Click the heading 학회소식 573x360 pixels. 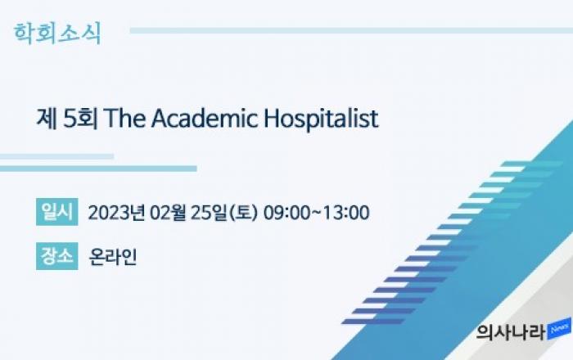[x=57, y=34]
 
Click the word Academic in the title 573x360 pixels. [x=205, y=118]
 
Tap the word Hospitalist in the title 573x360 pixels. [x=321, y=119]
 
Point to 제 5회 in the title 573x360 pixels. [x=67, y=118]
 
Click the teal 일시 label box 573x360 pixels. [x=57, y=212]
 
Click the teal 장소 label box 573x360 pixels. [x=57, y=256]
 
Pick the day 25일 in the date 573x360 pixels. [x=209, y=213]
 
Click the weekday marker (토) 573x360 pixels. [x=243, y=213]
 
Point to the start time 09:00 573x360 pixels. [x=286, y=213]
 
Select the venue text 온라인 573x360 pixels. [x=113, y=257]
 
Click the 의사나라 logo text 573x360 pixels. [x=511, y=331]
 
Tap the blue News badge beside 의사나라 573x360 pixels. [x=559, y=329]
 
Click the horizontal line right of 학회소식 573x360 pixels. [x=351, y=30]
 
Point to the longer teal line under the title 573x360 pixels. [x=98, y=169]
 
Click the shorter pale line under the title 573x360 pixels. [x=56, y=156]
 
